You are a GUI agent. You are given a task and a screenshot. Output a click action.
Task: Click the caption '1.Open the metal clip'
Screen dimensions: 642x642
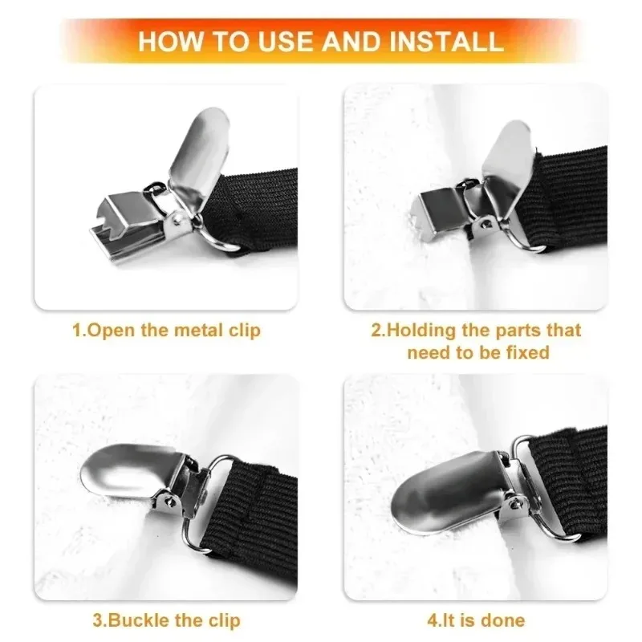click(166, 331)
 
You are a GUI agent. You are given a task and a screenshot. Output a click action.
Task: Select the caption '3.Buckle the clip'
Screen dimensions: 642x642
click(166, 620)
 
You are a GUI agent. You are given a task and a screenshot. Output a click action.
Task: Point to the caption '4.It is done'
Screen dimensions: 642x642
click(477, 620)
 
